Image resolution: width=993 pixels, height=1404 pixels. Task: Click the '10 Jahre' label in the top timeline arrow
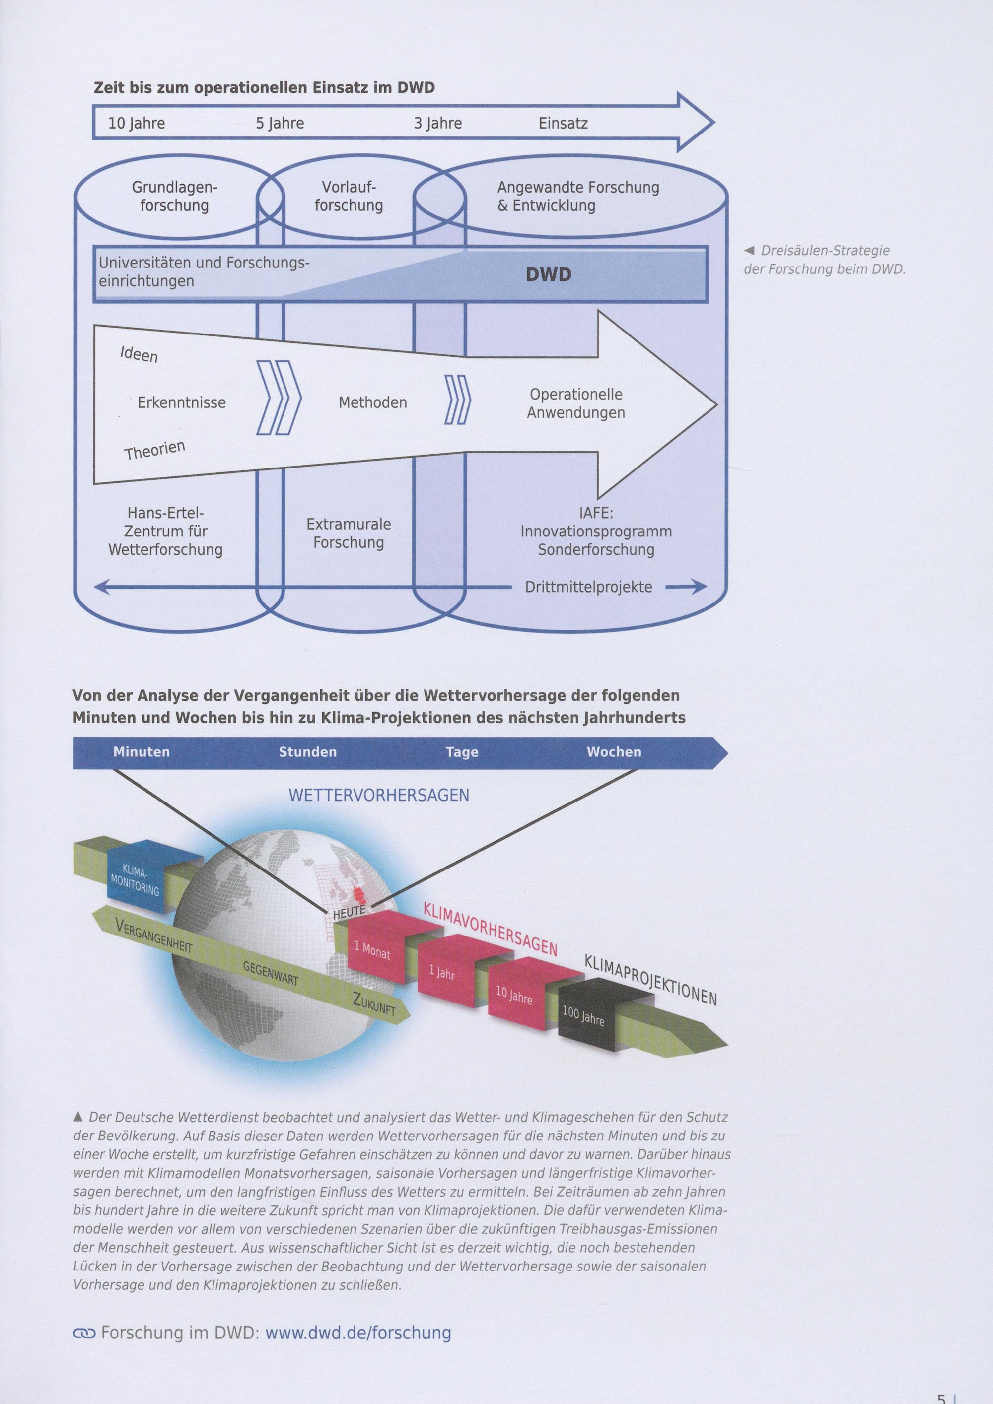(x=137, y=124)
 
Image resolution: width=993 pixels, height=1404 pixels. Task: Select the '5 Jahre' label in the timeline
(x=280, y=124)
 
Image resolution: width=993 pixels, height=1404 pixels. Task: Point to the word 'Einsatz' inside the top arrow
(x=563, y=123)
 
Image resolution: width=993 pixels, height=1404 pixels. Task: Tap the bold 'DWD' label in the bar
(x=548, y=274)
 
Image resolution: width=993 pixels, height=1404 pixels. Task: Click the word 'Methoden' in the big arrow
(x=372, y=402)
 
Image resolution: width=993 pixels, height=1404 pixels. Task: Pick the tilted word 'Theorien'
(x=155, y=450)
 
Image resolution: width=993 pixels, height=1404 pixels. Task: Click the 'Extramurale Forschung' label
(x=349, y=533)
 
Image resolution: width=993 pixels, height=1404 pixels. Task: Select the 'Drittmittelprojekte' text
(x=588, y=588)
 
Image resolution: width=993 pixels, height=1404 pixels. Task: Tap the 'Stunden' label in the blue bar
(x=308, y=752)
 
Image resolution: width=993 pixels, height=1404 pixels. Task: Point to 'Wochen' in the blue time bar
(x=614, y=752)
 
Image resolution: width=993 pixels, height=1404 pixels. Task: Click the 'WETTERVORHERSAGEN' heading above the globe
(x=379, y=795)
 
